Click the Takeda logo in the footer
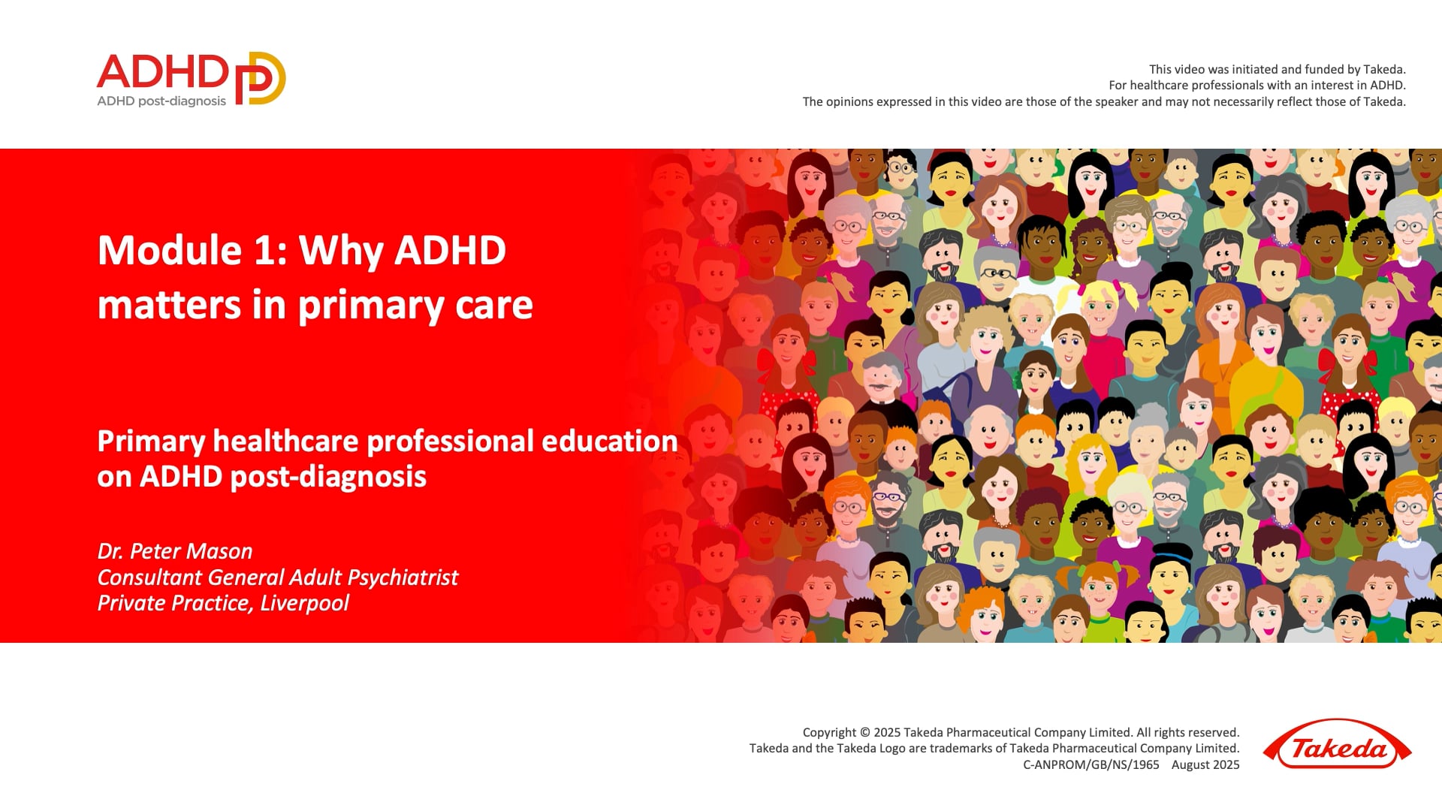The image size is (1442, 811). [1338, 744]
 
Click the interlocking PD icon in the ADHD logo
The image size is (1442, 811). [261, 78]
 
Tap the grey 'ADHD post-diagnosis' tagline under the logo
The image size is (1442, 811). [161, 101]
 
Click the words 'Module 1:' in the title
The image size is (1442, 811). [192, 250]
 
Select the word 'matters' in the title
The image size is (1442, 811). [170, 305]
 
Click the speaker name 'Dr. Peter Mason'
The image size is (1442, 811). [175, 551]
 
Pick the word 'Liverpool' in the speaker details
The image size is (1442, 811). [304, 604]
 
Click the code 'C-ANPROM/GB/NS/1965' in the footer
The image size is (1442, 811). [1091, 764]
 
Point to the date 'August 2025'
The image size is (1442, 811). [1205, 764]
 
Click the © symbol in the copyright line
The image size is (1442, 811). [864, 732]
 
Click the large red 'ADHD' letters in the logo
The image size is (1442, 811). [162, 72]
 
